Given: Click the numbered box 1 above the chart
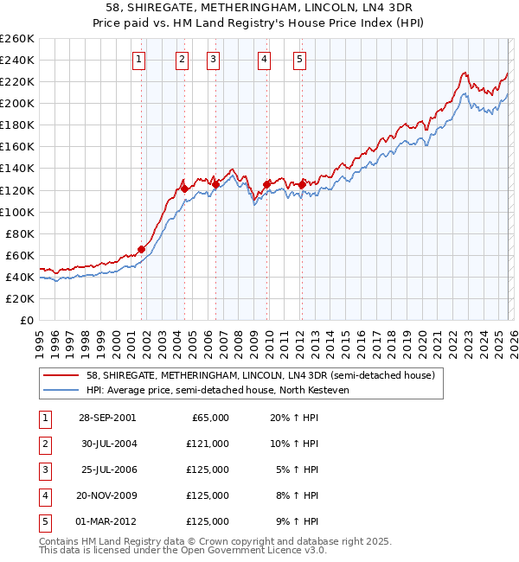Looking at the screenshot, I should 139,60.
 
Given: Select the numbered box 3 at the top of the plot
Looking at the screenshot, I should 213,60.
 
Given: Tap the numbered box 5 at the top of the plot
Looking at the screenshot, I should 299,60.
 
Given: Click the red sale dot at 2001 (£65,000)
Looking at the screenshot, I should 141,249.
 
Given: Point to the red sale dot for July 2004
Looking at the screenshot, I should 184,188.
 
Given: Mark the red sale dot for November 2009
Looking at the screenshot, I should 266,184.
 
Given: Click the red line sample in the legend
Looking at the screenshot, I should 61,375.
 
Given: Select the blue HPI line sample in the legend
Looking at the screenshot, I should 61,390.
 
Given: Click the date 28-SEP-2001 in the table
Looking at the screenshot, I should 107,418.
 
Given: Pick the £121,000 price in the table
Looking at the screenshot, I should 208,444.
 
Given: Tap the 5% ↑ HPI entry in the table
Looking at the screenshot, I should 297,469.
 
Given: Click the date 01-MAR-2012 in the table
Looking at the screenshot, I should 107,521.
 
